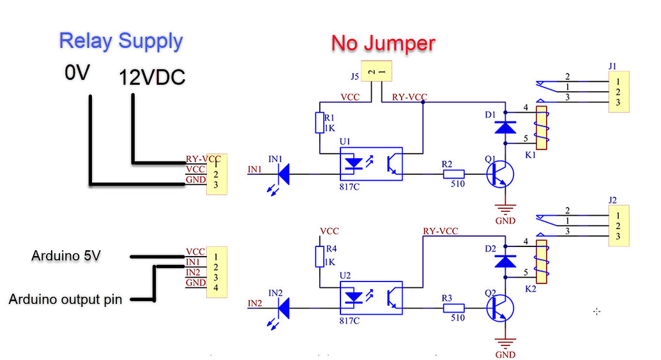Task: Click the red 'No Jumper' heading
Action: pos(383,43)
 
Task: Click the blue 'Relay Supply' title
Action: pos(121,41)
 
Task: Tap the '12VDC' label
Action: pos(152,78)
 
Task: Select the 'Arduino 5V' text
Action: pos(66,256)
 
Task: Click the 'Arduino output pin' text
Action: pos(65,299)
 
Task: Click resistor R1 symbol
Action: pos(319,123)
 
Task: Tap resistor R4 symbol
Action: pos(319,257)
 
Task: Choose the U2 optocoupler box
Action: pos(371,298)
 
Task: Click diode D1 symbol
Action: pos(506,127)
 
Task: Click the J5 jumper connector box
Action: pos(376,73)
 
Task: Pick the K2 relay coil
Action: pos(542,261)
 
